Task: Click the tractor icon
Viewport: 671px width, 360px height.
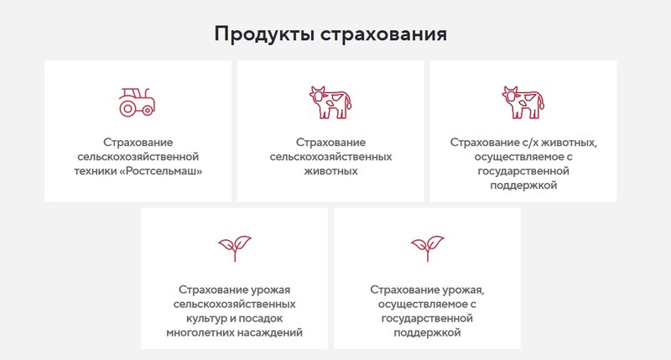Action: pyautogui.click(x=137, y=101)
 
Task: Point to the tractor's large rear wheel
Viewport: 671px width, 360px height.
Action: pyautogui.click(x=129, y=107)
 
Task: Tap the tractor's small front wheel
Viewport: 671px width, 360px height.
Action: pyautogui.click(x=149, y=109)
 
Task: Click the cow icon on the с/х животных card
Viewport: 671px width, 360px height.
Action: pyautogui.click(x=523, y=101)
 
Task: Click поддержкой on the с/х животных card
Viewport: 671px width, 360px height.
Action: pyautogui.click(x=523, y=185)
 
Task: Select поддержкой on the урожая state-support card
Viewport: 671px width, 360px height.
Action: pyautogui.click(x=427, y=332)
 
